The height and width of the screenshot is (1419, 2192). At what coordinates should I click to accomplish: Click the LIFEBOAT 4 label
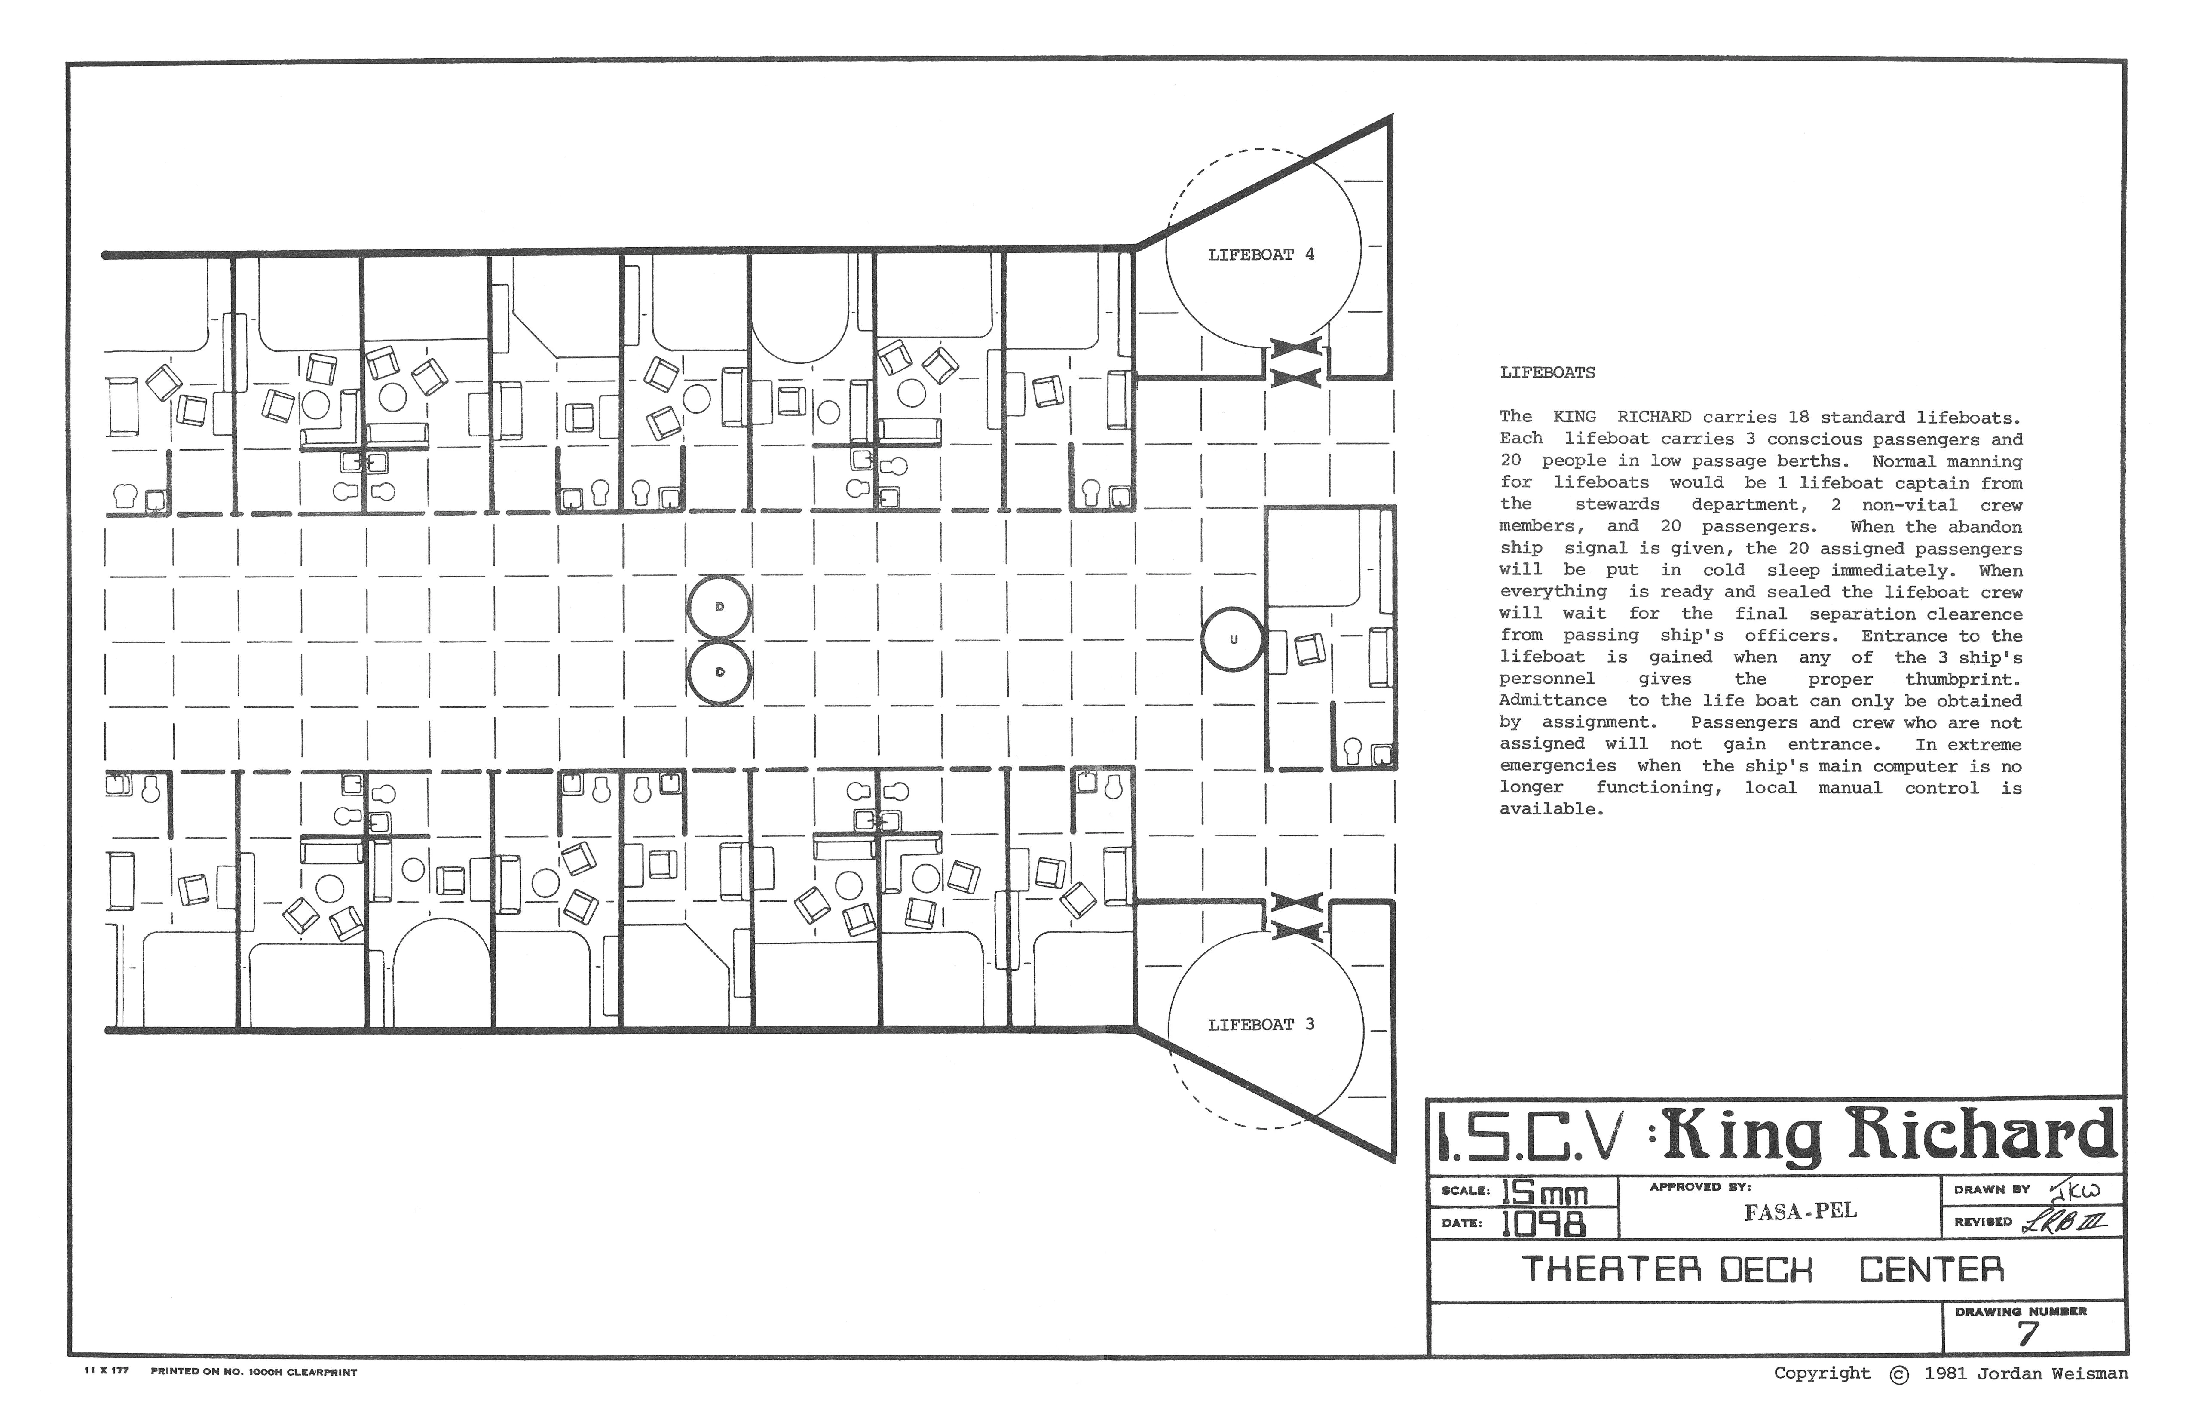[x=1261, y=255]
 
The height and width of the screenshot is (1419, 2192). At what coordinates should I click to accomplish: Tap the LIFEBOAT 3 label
[x=1261, y=1025]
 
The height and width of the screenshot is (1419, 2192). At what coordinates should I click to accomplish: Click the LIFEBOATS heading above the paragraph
[x=1547, y=373]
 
